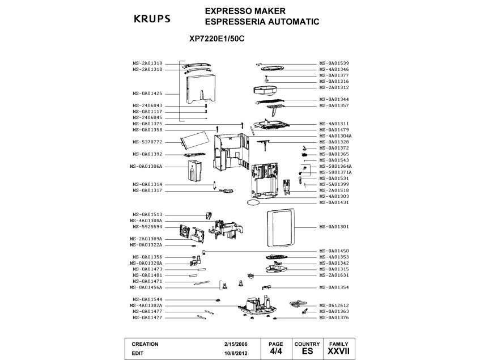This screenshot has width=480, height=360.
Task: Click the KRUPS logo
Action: [x=151, y=18]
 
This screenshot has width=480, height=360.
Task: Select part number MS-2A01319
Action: [x=147, y=63]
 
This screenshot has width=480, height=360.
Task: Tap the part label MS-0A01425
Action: [x=147, y=93]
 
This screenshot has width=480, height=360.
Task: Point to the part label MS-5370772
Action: [x=147, y=142]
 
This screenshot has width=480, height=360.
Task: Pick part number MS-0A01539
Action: [x=334, y=63]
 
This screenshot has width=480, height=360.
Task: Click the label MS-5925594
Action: [x=147, y=227]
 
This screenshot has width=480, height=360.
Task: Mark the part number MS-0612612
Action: [x=334, y=306]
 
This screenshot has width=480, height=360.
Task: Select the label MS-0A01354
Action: [x=334, y=287]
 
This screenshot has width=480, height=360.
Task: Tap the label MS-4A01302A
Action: [x=146, y=306]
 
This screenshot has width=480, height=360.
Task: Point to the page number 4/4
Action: [x=275, y=352]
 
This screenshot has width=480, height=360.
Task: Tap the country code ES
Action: [x=307, y=352]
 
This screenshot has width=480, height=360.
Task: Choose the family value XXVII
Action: [x=338, y=352]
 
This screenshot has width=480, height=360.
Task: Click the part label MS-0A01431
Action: [x=334, y=202]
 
